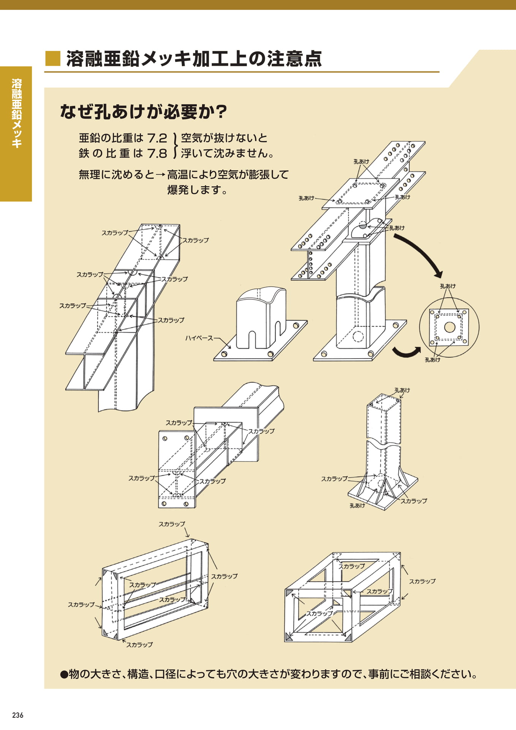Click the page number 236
pyautogui.click(x=17, y=715)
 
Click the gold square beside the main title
pyautogui.click(x=53, y=59)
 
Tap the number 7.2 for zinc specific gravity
pyautogui.click(x=157, y=138)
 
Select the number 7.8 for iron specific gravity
pyautogui.click(x=157, y=153)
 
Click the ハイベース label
pyautogui.click(x=199, y=338)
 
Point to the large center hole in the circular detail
pyautogui.click(x=450, y=327)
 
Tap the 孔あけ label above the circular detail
pyautogui.click(x=448, y=286)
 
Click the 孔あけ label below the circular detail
pyautogui.click(x=432, y=360)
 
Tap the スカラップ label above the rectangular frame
pyautogui.click(x=172, y=524)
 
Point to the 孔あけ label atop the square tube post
pyautogui.click(x=402, y=390)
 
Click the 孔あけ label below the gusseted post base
pyautogui.click(x=357, y=505)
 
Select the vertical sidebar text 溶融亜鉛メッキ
pyautogui.click(x=16, y=113)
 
